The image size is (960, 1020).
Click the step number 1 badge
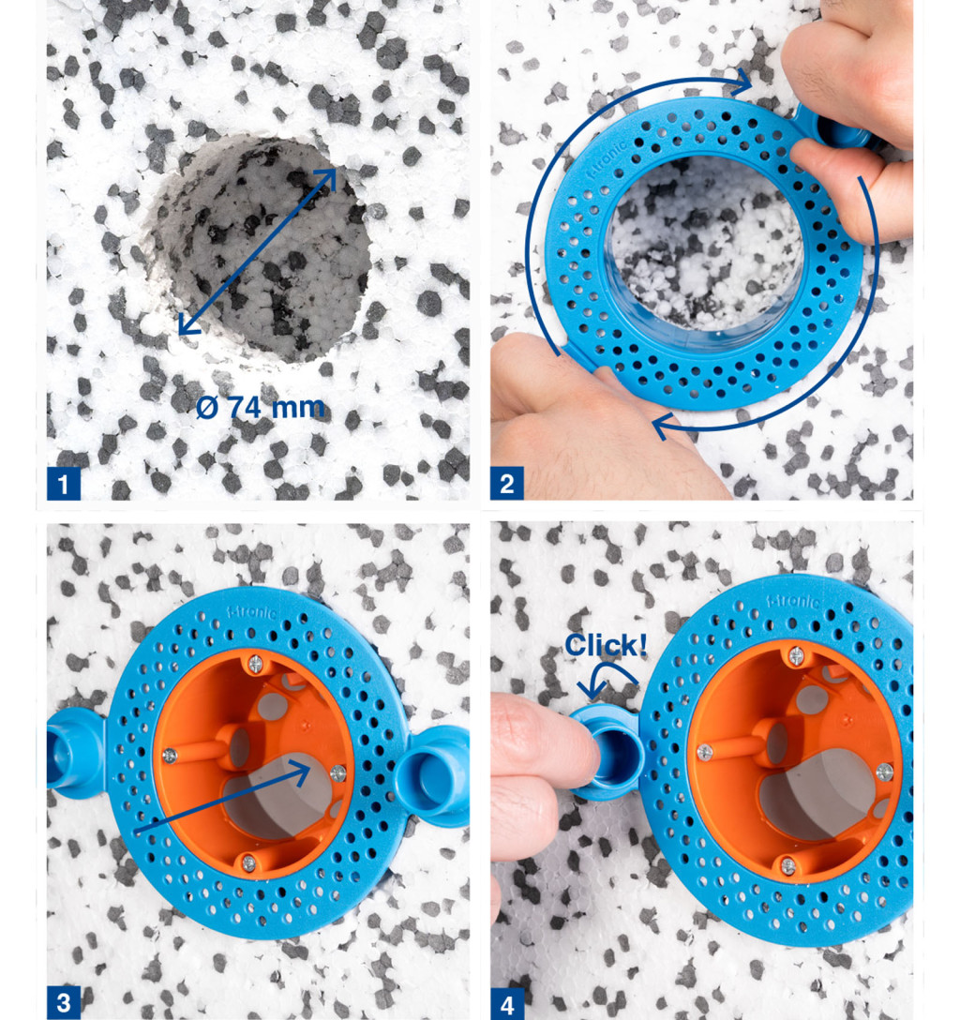63,484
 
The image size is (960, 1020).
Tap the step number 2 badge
506,484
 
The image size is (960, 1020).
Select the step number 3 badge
63,1002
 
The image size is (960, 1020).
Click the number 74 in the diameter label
246,408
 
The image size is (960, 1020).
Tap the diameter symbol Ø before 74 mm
207,408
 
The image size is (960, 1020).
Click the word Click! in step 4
606,645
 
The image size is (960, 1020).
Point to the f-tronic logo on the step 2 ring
607,159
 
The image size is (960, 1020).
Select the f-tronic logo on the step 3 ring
251,611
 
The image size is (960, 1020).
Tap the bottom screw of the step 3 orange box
248,862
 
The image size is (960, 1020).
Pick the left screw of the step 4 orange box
704,752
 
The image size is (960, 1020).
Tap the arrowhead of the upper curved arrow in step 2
741,82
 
